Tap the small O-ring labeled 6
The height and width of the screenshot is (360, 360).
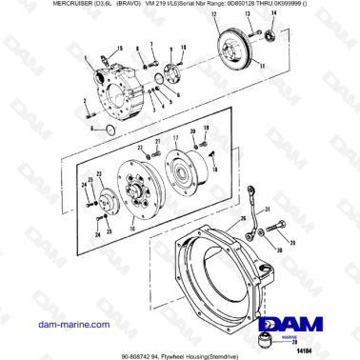coord(110,129)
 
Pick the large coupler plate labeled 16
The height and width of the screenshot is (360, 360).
coord(131,194)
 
